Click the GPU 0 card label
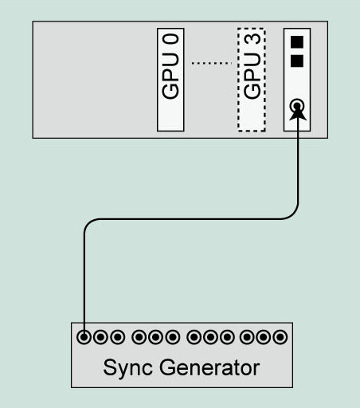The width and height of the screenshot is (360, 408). (170, 66)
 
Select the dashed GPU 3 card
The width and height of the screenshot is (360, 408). (252, 80)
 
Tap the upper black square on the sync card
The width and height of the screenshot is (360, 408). (297, 42)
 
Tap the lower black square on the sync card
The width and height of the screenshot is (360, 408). (297, 61)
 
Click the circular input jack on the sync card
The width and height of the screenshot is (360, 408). (297, 106)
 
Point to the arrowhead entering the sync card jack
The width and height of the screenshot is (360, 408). (297, 114)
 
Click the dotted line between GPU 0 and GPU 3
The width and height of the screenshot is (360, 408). (212, 63)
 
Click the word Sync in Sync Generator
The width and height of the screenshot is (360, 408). (127, 368)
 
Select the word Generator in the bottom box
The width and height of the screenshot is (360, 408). (209, 367)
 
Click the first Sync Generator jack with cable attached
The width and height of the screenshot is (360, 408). (84, 337)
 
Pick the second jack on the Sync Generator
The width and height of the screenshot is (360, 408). (100, 337)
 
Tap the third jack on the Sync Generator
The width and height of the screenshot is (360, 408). (117, 337)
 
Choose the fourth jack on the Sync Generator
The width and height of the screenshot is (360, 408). (139, 337)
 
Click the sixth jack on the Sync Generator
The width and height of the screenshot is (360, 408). (173, 337)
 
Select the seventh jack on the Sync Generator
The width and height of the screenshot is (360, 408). (194, 337)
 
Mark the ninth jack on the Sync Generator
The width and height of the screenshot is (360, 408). (227, 337)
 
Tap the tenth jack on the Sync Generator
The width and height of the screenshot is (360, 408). (247, 337)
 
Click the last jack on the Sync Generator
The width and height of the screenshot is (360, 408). (280, 337)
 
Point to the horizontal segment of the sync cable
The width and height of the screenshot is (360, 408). (190, 219)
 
